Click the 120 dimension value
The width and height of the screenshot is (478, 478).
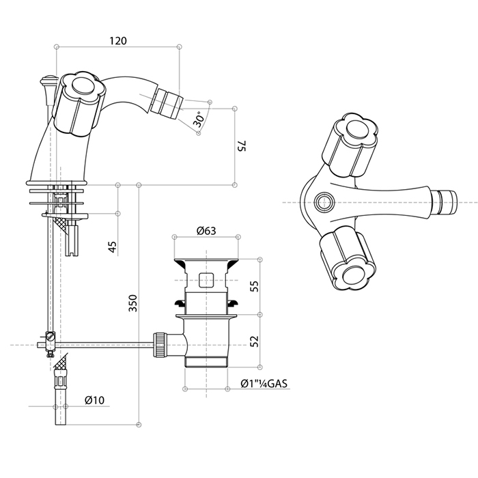pos(117,40)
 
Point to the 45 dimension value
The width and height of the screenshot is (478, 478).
pos(113,245)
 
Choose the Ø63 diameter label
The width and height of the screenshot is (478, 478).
pos(206,231)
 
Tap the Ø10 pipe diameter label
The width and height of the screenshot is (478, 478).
pos(95,399)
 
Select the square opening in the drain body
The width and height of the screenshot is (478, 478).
pos(206,279)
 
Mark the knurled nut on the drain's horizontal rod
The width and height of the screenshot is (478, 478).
pos(161,343)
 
